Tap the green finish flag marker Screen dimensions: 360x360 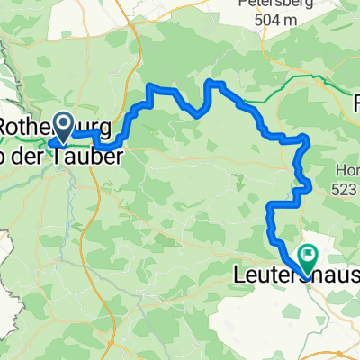coord(307,257)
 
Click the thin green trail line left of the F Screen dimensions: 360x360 coord(306,90)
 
